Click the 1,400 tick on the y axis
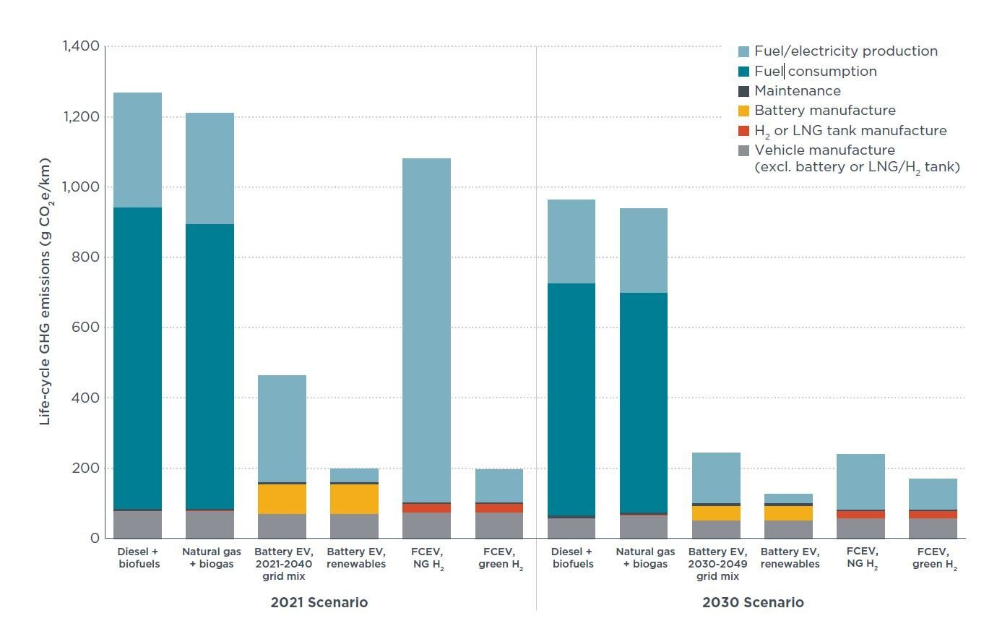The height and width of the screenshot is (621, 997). pos(81,46)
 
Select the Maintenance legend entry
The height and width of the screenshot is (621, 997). pos(797,91)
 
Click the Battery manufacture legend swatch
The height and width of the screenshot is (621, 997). pos(743,111)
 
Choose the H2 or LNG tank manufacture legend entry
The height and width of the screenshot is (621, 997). pos(850,131)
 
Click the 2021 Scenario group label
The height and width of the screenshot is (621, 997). pos(319,602)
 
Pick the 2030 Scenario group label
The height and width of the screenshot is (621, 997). pos(752,602)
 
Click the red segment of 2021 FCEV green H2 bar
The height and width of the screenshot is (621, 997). pos(498,508)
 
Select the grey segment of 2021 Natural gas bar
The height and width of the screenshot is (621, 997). pos(210,524)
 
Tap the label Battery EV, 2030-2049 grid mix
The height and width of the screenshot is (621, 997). pos(715,564)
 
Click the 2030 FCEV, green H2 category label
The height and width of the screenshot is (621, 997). pos(932,558)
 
